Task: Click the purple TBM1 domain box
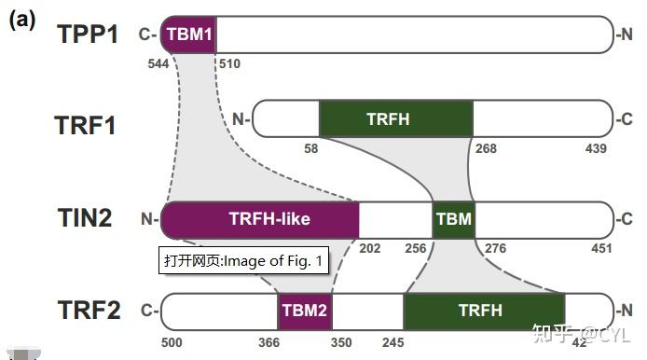click(189, 35)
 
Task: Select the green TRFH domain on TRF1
click(395, 118)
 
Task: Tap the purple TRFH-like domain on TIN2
click(261, 219)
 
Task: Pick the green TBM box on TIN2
click(454, 219)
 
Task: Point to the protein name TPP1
click(88, 35)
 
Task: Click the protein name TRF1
click(86, 124)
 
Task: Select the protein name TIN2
click(84, 219)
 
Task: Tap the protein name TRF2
click(87, 310)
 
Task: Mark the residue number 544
click(159, 63)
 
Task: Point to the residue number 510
click(227, 63)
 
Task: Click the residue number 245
click(393, 342)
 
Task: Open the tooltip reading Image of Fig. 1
click(243, 260)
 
